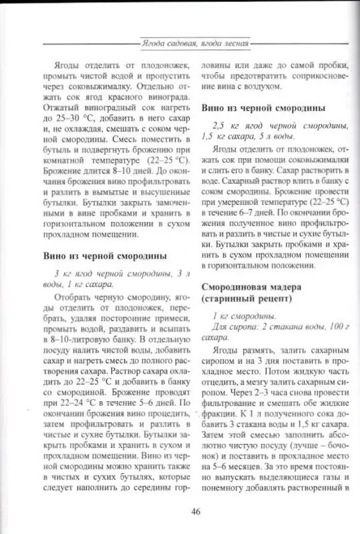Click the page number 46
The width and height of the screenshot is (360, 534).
196,511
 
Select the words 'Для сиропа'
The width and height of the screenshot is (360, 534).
234,327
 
